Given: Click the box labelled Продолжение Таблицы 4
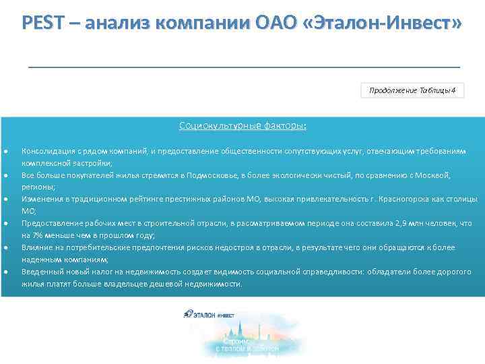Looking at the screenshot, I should coord(412,91).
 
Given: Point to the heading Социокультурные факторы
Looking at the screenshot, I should coord(243,125).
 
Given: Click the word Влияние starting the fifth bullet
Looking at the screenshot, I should coord(36,247).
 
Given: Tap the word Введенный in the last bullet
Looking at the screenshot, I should coord(40,272).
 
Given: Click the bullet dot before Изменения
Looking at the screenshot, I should coord(6,200).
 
